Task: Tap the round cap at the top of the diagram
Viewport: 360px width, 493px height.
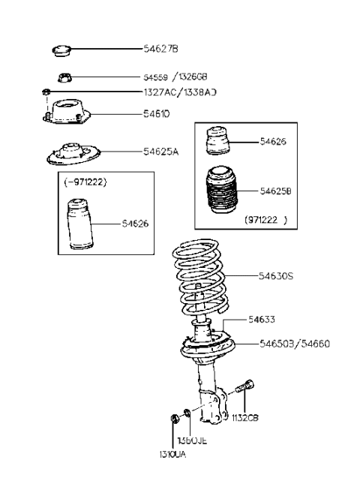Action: click(61, 51)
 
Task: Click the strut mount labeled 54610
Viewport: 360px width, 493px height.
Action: click(66, 115)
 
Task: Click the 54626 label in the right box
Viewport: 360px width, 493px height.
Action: click(273, 141)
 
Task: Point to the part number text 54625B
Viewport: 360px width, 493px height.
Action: click(276, 192)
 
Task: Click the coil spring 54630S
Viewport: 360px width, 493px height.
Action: click(201, 278)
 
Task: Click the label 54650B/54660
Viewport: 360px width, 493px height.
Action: click(295, 344)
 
